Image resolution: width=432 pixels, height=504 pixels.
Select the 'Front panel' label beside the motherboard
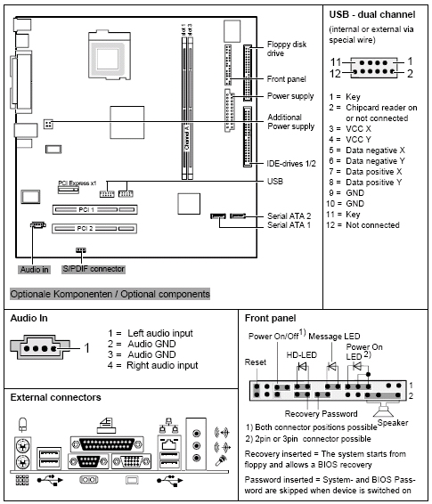click(x=288, y=79)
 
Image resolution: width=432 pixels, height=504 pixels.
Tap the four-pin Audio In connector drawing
click(x=41, y=349)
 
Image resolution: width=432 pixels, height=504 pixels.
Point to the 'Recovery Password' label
click(x=322, y=414)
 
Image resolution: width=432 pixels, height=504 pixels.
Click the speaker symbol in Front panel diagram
click(x=387, y=414)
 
